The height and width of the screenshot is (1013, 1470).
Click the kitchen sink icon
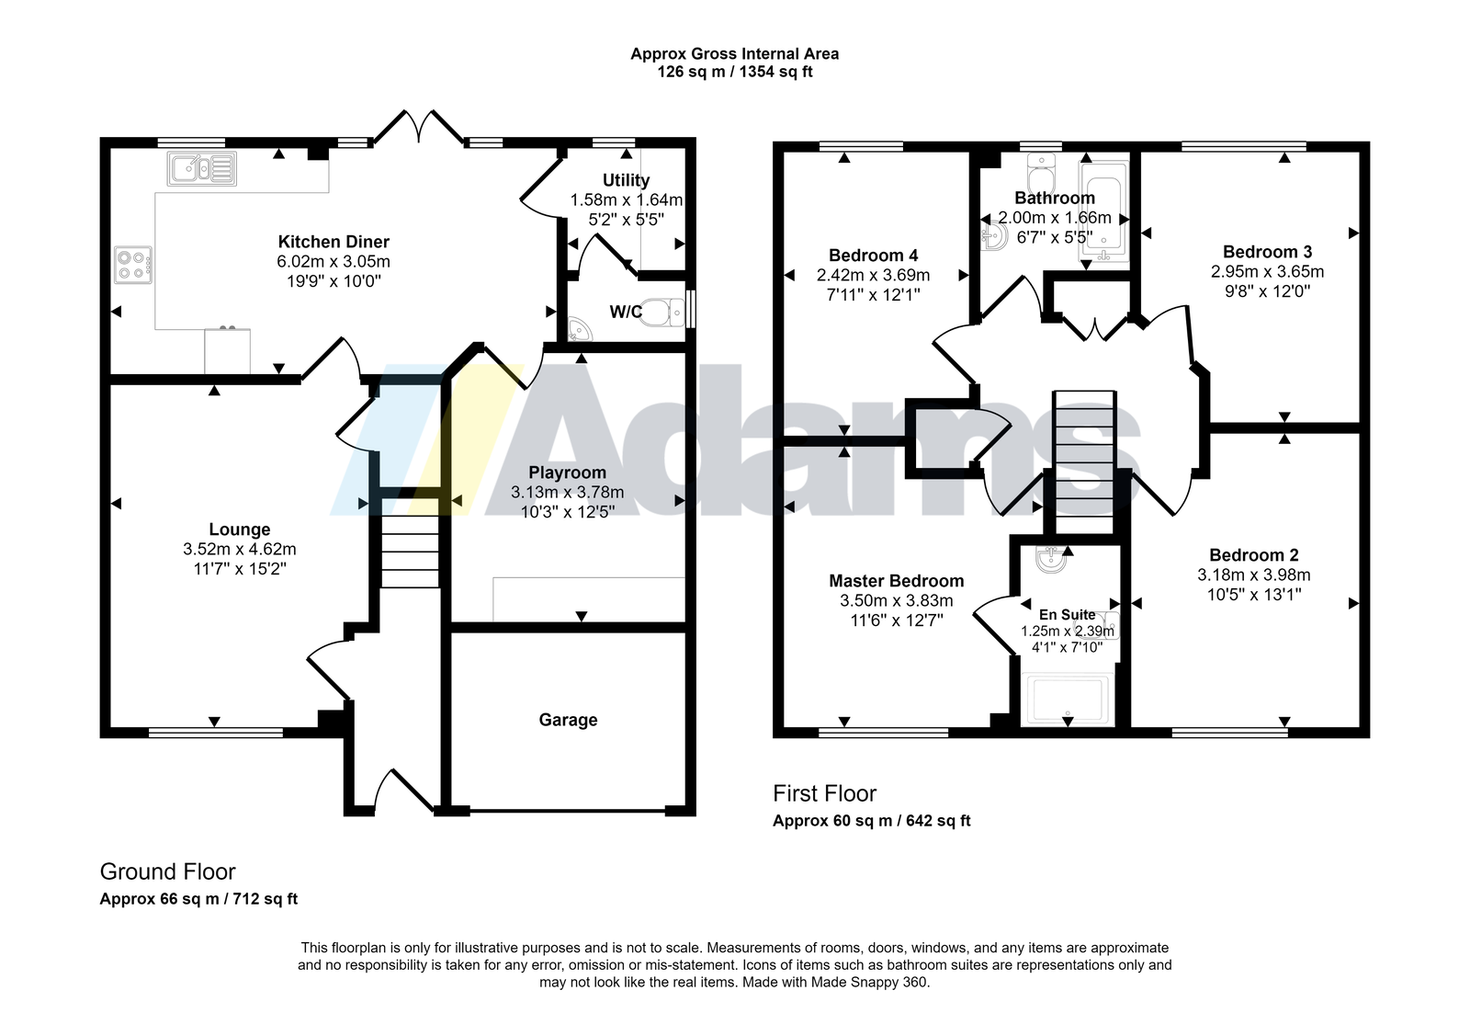(201, 169)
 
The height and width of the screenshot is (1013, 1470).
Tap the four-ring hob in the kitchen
(133, 265)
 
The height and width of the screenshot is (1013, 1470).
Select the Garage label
(569, 720)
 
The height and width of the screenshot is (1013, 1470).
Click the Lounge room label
(240, 529)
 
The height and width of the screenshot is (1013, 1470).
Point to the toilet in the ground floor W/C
(662, 312)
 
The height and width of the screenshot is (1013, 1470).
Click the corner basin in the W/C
(579, 330)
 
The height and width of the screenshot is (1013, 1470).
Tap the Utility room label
(626, 180)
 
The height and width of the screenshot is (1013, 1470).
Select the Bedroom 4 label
(874, 256)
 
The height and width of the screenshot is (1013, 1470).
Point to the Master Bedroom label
(897, 581)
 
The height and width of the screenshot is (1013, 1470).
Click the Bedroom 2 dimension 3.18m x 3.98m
(1254, 575)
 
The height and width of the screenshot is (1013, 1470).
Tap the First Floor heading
(824, 793)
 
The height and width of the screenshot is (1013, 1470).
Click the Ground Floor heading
(167, 871)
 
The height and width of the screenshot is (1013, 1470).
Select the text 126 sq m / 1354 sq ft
(735, 73)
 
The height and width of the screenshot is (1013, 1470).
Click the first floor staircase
(1084, 462)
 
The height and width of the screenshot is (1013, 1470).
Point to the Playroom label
(568, 472)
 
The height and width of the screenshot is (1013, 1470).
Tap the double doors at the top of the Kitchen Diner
(418, 127)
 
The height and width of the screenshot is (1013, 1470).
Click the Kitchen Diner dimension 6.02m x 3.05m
(334, 262)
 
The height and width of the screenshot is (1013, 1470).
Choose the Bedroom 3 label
(1267, 252)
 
